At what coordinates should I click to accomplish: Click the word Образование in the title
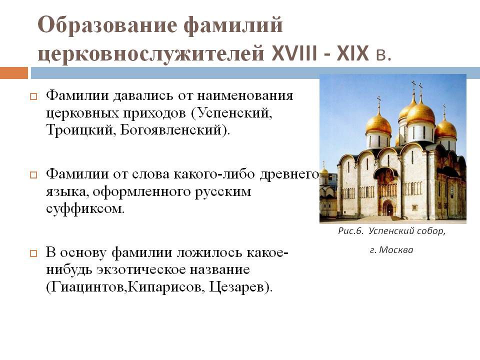[x=107, y=25]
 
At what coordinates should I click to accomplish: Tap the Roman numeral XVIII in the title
[x=294, y=54]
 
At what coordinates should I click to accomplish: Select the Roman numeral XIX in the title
[x=352, y=54]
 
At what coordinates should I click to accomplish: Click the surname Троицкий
[x=81, y=130]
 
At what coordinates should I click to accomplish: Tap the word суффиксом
[x=85, y=209]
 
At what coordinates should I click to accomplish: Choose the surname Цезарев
[x=236, y=287]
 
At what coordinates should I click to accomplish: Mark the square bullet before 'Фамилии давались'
[x=33, y=96]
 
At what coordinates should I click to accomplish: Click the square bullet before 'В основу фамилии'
[x=33, y=253]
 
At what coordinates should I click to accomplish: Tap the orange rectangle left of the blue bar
[x=14, y=73]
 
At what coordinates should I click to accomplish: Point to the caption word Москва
[x=396, y=250]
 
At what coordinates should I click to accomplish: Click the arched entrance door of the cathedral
[x=389, y=208]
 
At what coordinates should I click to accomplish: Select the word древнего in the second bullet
[x=289, y=174]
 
